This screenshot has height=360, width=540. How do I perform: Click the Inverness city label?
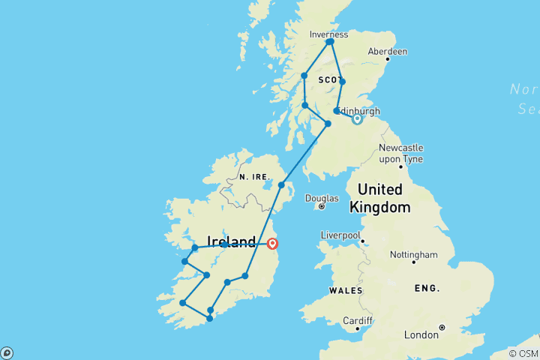pyautogui.click(x=328, y=34)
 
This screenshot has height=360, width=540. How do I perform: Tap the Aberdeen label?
pyautogui.click(x=388, y=52)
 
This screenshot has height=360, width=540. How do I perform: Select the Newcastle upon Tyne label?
pyautogui.click(x=400, y=153)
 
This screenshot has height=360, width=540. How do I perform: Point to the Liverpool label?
pyautogui.click(x=340, y=235)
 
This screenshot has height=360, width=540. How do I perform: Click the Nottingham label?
pyautogui.click(x=413, y=254)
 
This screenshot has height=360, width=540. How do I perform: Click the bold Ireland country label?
pyautogui.click(x=230, y=242)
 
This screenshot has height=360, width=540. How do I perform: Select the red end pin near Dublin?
pyautogui.click(x=272, y=243)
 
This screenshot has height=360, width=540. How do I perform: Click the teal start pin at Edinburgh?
pyautogui.click(x=357, y=118)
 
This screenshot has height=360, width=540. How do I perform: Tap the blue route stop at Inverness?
pyautogui.click(x=330, y=42)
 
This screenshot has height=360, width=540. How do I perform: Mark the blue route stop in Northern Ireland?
pyautogui.click(x=282, y=184)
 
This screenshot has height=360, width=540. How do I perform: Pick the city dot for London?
pyautogui.click(x=442, y=327)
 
